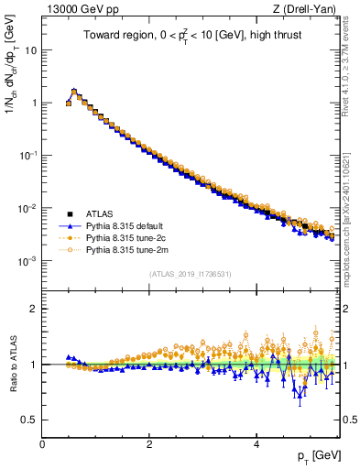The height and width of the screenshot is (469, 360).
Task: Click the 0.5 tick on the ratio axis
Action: point(31,420)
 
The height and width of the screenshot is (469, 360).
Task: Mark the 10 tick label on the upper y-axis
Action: point(31,49)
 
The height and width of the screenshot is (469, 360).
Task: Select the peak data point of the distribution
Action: point(74,92)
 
